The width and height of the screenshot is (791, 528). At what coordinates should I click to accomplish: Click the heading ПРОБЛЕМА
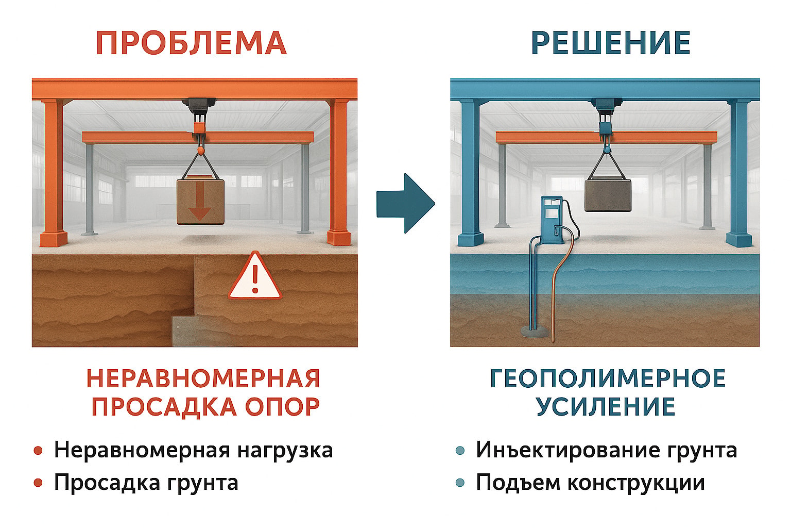coord(191,43)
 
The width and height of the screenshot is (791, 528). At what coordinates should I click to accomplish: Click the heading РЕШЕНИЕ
coord(611,43)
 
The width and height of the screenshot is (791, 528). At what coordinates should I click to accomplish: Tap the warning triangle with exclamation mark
coord(254,276)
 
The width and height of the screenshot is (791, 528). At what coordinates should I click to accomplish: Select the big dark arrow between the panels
coord(406,203)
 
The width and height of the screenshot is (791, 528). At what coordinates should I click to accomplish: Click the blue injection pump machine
coord(552,220)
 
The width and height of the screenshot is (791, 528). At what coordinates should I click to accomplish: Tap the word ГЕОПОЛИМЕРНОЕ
coord(608,378)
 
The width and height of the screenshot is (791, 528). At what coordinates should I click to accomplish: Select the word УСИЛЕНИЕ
coord(606,407)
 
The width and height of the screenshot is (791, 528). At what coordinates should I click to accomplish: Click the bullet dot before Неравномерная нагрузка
coord(38,451)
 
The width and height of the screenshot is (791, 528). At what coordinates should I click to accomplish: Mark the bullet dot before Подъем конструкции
coord(460,483)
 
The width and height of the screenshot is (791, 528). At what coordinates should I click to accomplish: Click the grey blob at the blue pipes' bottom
coord(535,332)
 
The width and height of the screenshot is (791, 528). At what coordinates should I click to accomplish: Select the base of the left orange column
coord(54,239)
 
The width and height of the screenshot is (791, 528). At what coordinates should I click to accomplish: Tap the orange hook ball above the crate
coord(200,152)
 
